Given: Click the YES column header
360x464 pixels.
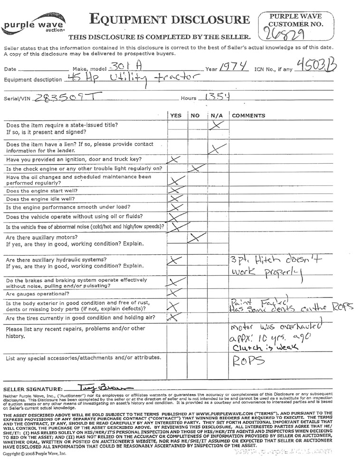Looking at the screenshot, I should pyautogui.click(x=176, y=115).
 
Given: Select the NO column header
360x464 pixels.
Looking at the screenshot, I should pyautogui.click(x=195, y=115).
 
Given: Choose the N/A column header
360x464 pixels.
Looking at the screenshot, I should pyautogui.click(x=216, y=115).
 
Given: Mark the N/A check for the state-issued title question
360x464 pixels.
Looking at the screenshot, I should pyautogui.click(x=217, y=125).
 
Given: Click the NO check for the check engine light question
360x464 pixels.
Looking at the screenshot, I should pyautogui.click(x=196, y=167).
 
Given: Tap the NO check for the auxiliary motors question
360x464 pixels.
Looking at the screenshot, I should pyautogui.click(x=195, y=237).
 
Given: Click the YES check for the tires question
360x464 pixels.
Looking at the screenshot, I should pyautogui.click(x=175, y=316).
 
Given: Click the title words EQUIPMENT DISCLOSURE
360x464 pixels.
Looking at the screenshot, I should pyautogui.click(x=169, y=20).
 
